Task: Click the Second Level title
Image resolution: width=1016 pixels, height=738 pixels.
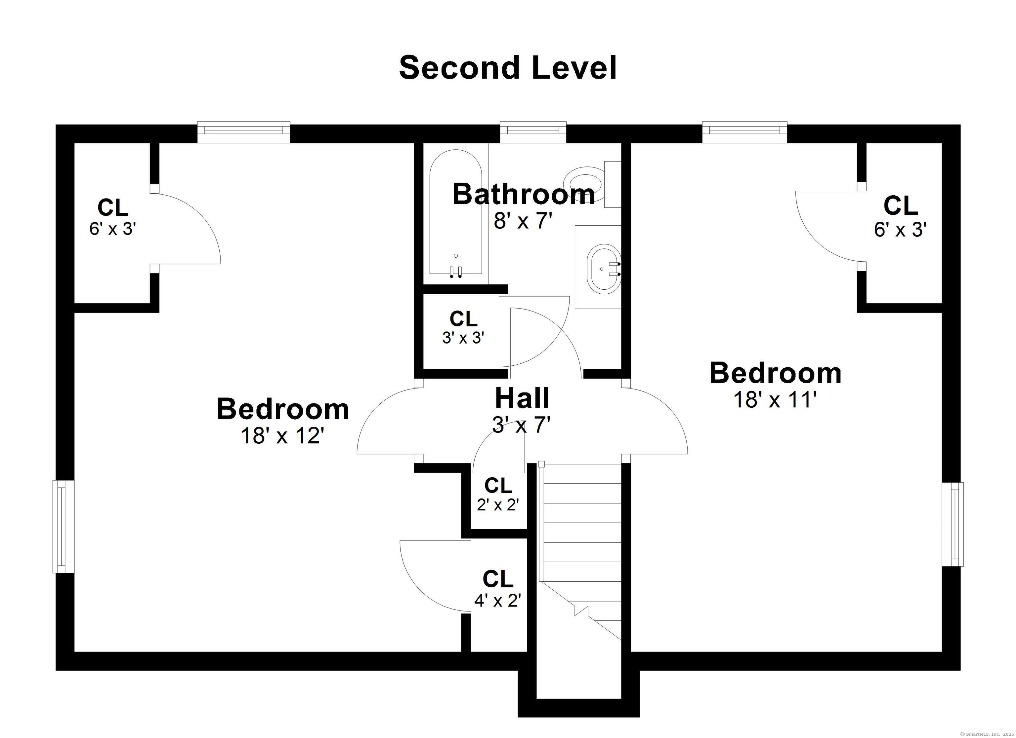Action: [508, 68]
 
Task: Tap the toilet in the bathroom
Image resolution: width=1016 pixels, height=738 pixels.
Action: [592, 184]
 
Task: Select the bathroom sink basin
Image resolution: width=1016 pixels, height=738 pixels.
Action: [604, 269]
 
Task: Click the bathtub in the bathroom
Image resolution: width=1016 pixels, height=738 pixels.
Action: [456, 213]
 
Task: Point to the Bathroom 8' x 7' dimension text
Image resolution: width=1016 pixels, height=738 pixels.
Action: [523, 221]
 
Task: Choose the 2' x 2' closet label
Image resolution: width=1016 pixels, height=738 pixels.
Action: [498, 505]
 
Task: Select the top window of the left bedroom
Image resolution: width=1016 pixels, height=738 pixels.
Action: [244, 130]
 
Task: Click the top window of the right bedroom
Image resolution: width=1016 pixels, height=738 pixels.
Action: [744, 129]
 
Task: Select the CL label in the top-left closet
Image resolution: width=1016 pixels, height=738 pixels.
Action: [113, 208]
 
